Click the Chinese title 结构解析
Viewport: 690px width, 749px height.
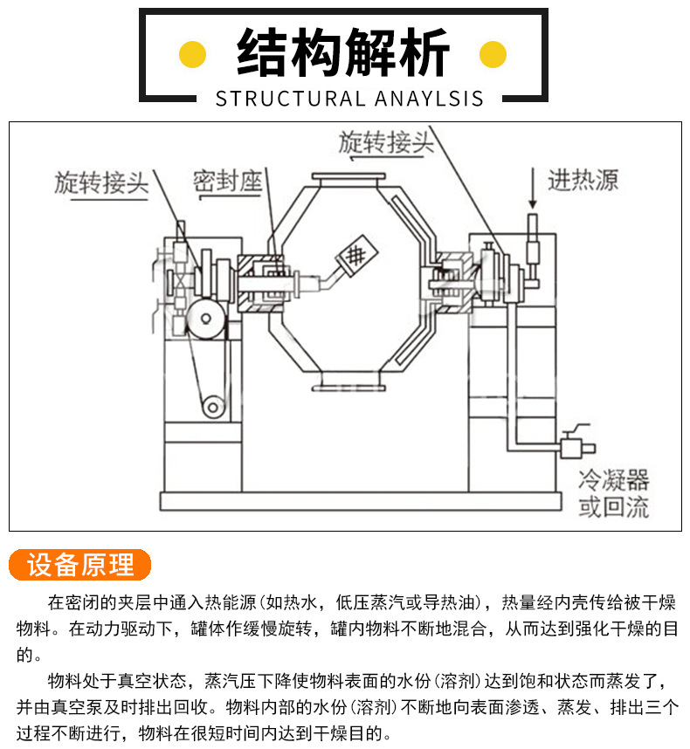(x=343, y=53)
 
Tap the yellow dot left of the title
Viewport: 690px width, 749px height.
(x=192, y=54)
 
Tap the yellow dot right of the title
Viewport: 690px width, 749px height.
(x=493, y=54)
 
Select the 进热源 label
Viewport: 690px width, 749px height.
(x=583, y=181)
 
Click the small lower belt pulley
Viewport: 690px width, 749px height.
(x=212, y=406)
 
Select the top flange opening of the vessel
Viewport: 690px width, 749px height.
(x=346, y=181)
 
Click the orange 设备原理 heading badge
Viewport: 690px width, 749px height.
(x=80, y=565)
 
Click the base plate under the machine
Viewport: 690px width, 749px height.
(x=358, y=501)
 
